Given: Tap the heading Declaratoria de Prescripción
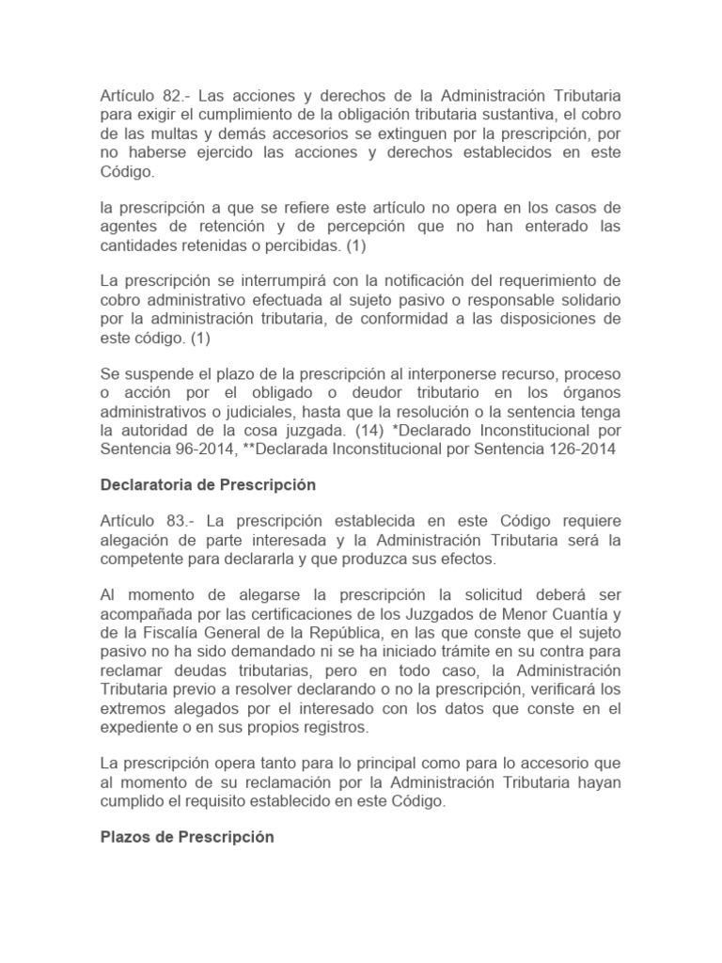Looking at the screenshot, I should tap(208, 485).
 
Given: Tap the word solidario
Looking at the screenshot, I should tap(582, 299).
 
